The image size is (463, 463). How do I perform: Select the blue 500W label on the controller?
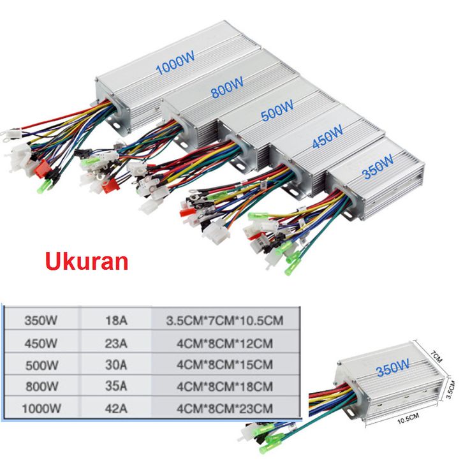click(x=277, y=113)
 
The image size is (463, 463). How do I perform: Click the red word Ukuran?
click(x=85, y=262)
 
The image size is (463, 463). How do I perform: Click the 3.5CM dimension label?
click(x=450, y=388)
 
